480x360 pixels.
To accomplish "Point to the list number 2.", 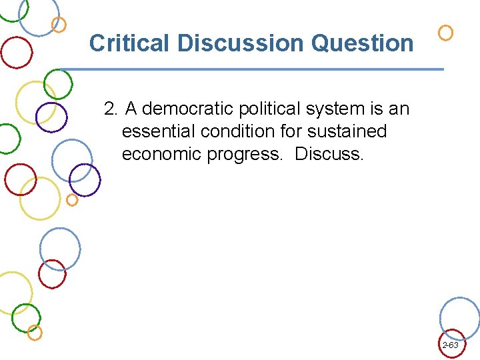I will (x=111, y=109).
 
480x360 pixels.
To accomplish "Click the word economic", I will (x=162, y=154).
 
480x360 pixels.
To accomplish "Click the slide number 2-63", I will (x=450, y=345).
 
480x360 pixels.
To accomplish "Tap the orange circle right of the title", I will (x=446, y=33).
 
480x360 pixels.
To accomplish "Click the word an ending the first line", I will (x=399, y=109).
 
